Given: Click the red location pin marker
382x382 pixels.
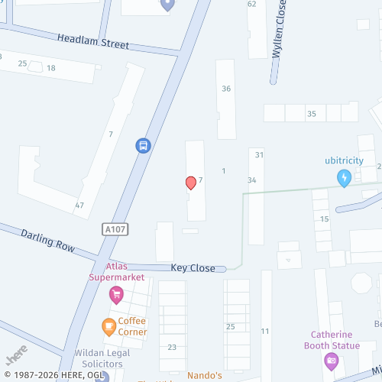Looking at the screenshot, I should [x=191, y=183].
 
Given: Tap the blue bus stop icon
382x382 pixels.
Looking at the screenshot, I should [x=142, y=144].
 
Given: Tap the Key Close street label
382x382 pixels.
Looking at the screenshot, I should [x=193, y=268].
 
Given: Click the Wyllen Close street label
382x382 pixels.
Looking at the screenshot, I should [x=280, y=40].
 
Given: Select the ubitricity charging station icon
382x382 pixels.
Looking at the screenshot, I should [x=345, y=178].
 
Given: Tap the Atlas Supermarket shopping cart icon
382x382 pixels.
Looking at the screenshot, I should [x=116, y=294].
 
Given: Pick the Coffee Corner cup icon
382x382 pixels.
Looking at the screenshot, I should [x=109, y=327].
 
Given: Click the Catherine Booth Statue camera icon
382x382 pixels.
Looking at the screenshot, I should [x=332, y=361].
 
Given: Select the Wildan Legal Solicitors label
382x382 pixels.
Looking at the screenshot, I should [x=99, y=359].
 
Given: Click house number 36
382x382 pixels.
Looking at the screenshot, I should [x=226, y=89].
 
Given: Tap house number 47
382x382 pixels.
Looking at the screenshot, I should [x=79, y=206].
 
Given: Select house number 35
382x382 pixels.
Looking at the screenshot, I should [x=311, y=114].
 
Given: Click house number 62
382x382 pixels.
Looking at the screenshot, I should [x=252, y=4].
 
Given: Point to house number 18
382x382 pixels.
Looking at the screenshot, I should [x=51, y=68].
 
